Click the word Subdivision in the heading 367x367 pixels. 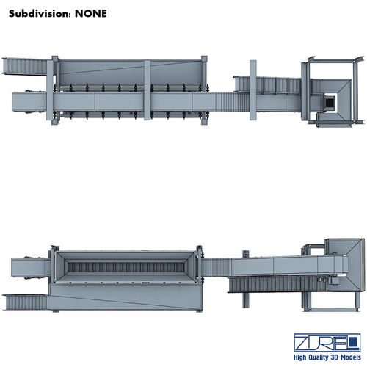tap(38, 14)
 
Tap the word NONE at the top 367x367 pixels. tap(91, 14)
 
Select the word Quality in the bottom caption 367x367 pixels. tap(318, 357)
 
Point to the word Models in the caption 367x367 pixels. tap(351, 357)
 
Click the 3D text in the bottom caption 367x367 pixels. tap(335, 357)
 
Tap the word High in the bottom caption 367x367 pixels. tap(299, 357)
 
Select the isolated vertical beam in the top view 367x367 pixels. tap(253, 90)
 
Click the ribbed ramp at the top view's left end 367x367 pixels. tap(24, 66)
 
